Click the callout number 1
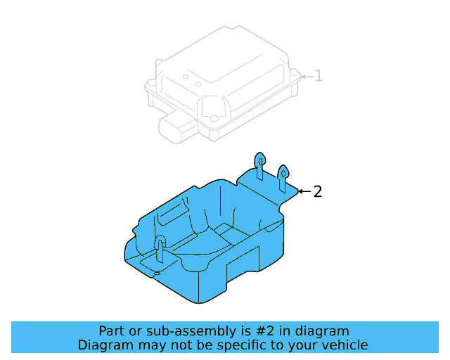[319, 76]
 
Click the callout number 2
[317, 191]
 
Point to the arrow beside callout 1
[307, 77]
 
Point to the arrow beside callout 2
[304, 191]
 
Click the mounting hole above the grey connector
[214, 118]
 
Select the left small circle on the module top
[186, 77]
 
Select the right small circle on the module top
[198, 84]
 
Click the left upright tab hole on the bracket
[260, 162]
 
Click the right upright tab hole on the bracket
[283, 174]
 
